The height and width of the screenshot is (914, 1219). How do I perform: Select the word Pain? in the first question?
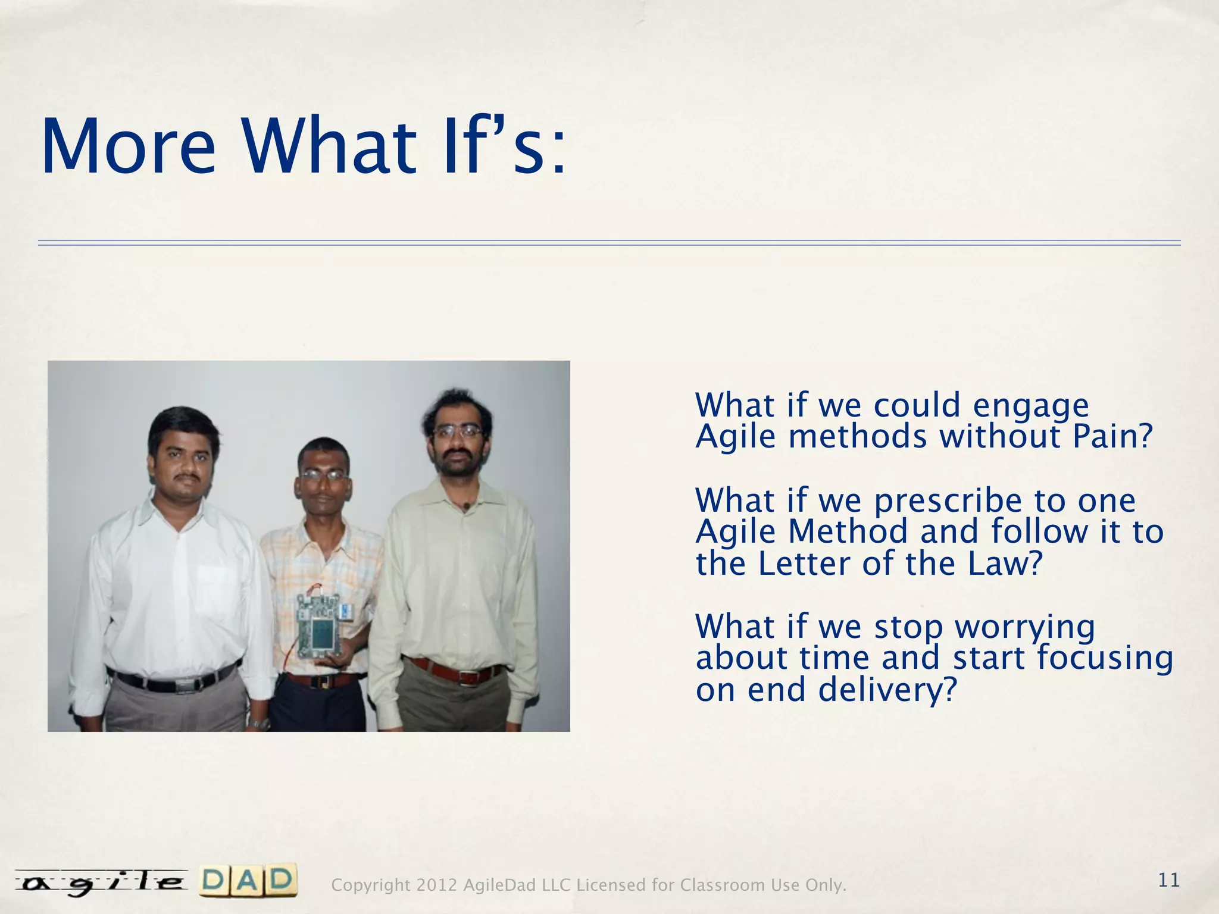point(1112,437)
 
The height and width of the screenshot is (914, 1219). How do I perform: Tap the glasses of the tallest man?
point(457,431)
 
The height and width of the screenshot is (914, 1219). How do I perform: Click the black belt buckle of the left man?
point(185,685)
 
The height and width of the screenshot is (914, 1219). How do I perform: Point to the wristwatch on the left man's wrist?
point(260,724)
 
